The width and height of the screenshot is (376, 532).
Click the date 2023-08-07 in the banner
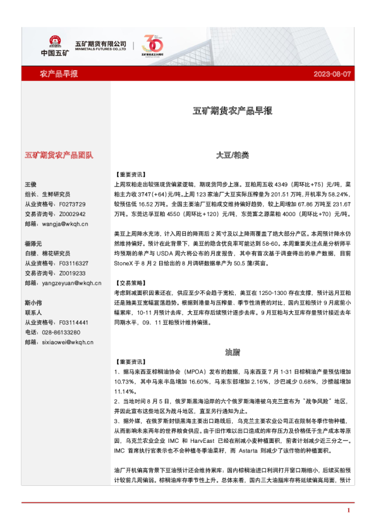(332, 75)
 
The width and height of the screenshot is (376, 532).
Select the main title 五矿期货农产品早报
(232, 111)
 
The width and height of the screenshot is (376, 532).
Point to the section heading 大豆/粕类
(232, 155)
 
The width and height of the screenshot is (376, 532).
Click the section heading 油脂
(232, 351)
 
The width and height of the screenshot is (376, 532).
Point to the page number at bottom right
(349, 510)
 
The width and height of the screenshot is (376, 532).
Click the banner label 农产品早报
(59, 75)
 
